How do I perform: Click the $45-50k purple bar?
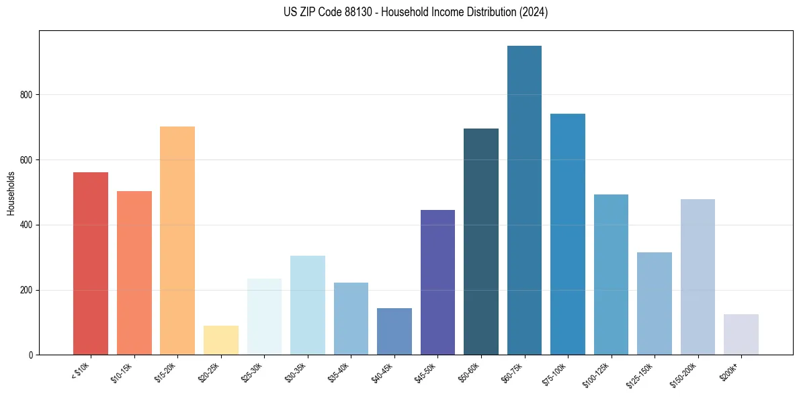tap(437, 282)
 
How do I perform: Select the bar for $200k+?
tap(741, 334)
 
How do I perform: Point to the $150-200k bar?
tap(698, 277)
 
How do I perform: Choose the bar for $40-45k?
tap(394, 331)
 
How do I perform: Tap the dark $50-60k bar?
tap(480, 242)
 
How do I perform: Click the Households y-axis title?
tap(11, 193)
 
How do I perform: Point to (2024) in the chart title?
tap(533, 12)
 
